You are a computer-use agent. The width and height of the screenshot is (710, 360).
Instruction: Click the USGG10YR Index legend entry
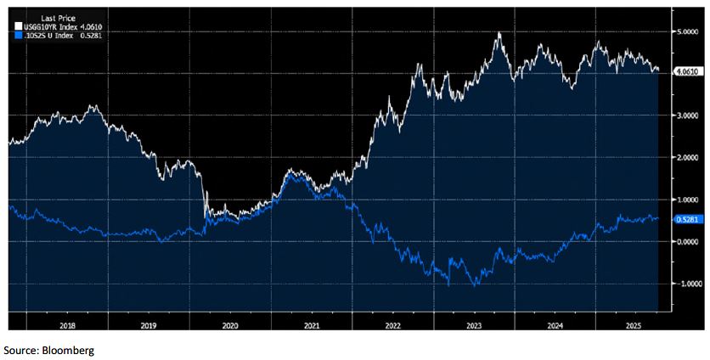click(x=51, y=26)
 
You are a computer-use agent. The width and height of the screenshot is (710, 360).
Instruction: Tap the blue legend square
click(x=18, y=36)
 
